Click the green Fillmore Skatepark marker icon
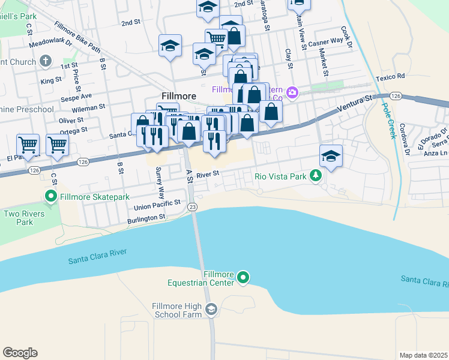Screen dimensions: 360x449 coord(51,196)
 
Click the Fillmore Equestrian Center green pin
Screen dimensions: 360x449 coord(243,277)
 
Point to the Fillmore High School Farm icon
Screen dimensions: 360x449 coord(211,309)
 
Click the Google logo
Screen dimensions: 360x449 coord(20,353)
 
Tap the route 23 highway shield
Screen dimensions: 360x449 coord(192,206)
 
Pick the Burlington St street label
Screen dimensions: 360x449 coord(146,220)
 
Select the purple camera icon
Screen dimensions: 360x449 coord(292,92)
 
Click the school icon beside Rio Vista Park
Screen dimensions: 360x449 coord(331,156)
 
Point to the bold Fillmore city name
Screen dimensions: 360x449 coord(179,96)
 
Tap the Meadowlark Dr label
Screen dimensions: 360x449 coord(50,43)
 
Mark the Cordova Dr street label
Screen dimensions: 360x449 coord(403,138)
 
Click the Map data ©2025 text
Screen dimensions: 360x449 coord(423,355)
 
